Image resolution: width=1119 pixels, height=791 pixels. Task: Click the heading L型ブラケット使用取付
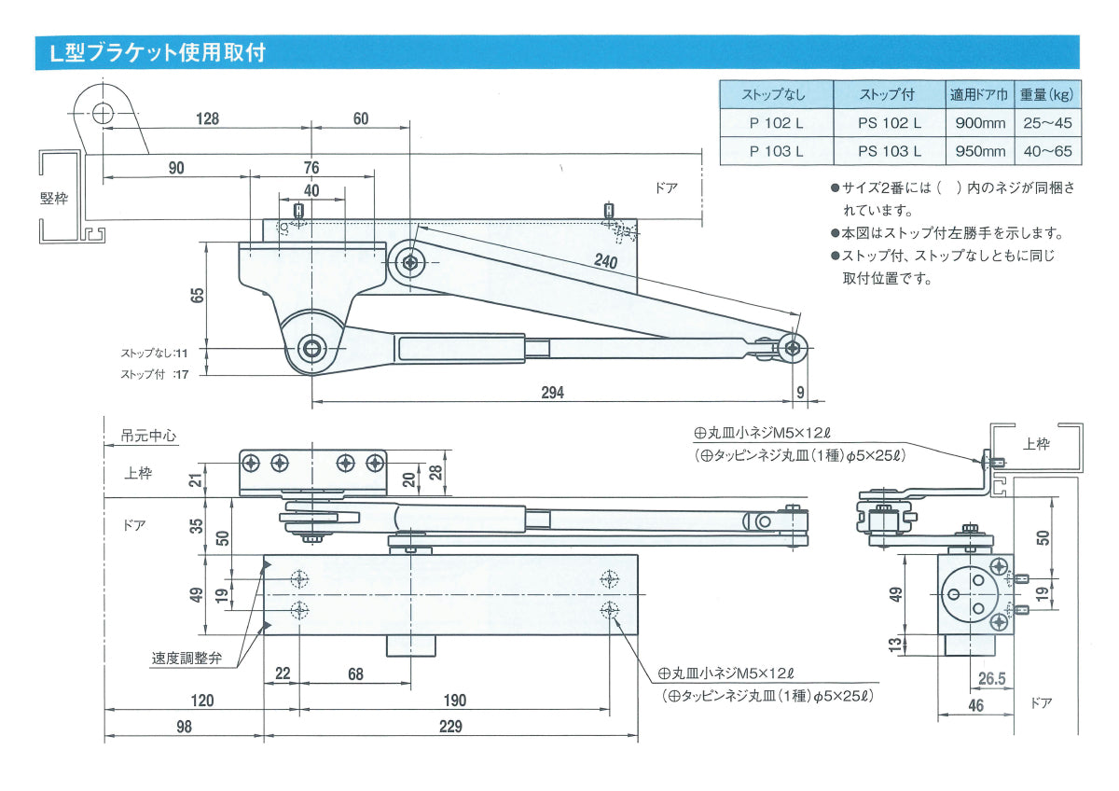[158, 52]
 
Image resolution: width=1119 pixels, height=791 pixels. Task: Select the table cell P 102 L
[776, 122]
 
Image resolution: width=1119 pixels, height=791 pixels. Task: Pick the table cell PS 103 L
[889, 151]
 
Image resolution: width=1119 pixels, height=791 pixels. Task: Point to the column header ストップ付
[889, 94]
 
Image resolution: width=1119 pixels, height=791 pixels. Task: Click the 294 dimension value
[552, 392]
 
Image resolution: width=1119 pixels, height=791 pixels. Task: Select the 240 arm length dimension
[606, 262]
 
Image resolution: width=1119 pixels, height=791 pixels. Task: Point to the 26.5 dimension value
[991, 679]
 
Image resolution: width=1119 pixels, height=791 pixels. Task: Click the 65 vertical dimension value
[197, 297]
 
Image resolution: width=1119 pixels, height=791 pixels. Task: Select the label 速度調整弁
[187, 659]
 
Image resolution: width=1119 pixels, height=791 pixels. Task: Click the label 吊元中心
[149, 435]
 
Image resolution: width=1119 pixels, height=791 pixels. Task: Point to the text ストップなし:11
[154, 354]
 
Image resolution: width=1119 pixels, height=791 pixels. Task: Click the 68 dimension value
[354, 674]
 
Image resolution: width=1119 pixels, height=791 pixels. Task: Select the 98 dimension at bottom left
[184, 727]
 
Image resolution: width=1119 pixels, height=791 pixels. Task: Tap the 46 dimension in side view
[975, 706]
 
